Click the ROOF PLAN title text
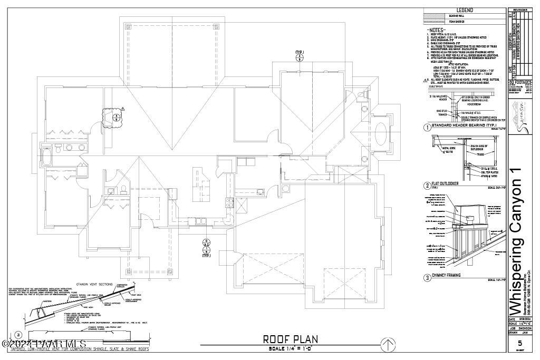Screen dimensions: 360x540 290,339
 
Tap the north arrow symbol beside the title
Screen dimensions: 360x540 388,345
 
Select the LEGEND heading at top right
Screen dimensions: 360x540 464,11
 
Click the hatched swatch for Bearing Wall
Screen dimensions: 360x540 434,16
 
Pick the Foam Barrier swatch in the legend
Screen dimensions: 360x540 434,21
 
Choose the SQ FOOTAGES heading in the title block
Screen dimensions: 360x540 519,83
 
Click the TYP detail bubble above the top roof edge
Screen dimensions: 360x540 298,57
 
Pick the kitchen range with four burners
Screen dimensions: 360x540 230,201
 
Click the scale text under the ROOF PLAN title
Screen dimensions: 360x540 290,348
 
